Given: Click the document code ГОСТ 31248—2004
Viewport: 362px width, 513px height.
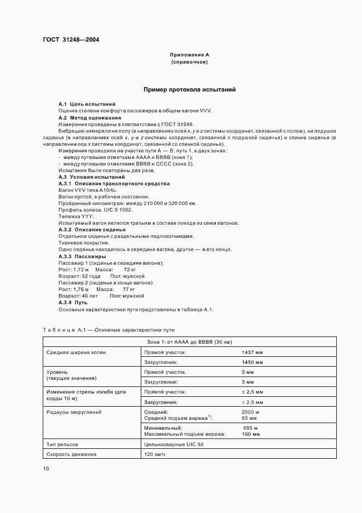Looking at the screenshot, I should click(x=71, y=39).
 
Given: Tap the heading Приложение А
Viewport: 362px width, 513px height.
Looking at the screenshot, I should click(x=189, y=55).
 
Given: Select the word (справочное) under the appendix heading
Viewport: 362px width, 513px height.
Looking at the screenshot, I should click(x=189, y=62).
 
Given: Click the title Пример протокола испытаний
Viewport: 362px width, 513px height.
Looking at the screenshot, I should click(x=189, y=89).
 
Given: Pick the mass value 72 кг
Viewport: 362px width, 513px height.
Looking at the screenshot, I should click(x=129, y=270).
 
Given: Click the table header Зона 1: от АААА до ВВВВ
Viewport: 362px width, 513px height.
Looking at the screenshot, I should click(x=189, y=342).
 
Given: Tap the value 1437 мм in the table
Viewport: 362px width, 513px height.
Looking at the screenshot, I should click(x=252, y=352).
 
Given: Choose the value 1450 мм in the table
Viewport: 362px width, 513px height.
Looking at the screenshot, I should click(x=252, y=362).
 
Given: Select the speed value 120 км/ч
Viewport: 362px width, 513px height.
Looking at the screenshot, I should click(x=155, y=454).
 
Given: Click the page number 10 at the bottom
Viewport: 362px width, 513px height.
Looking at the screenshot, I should click(x=46, y=469).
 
